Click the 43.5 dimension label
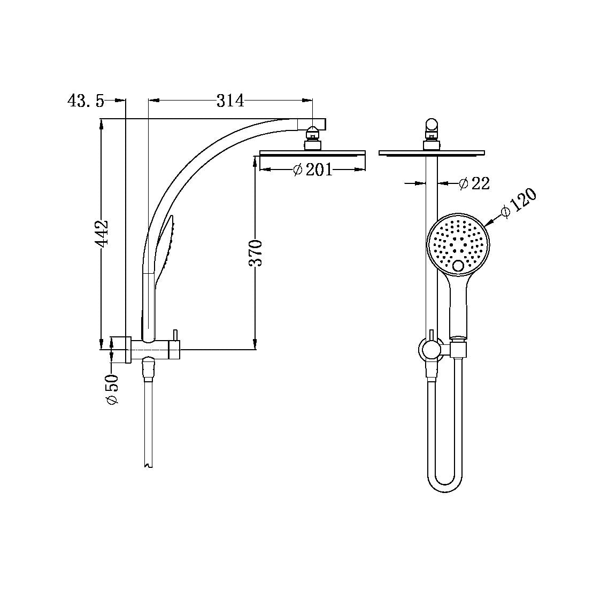tap(86, 101)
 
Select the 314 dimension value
tap(230, 100)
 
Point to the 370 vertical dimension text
tap(256, 253)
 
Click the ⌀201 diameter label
tap(313, 170)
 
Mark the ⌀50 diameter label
tap(113, 389)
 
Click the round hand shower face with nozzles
tap(458, 244)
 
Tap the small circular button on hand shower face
tap(458, 266)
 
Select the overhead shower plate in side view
tap(312, 153)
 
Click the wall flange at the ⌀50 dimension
tap(128, 350)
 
